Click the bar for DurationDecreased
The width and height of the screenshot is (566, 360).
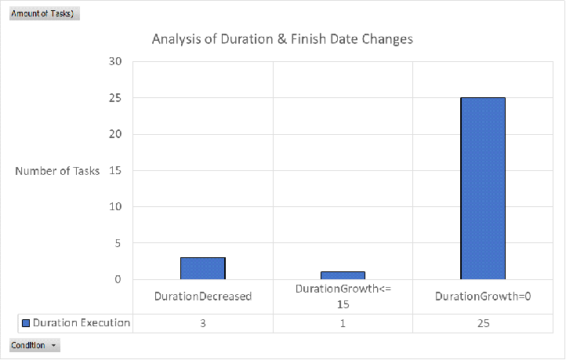pyautogui.click(x=203, y=268)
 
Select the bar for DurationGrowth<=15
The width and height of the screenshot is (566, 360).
pyautogui.click(x=343, y=275)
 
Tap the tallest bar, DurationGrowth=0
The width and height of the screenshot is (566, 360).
pyautogui.click(x=483, y=188)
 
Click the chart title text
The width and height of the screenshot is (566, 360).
pyautogui.click(x=282, y=39)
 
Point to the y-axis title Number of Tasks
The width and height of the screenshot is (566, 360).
pyautogui.click(x=57, y=171)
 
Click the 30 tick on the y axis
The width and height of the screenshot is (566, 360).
pyautogui.click(x=115, y=61)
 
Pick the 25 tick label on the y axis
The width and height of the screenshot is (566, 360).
pyautogui.click(x=115, y=98)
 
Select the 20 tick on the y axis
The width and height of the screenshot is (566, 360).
pyautogui.click(x=115, y=134)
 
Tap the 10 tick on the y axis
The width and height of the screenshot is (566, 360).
pyautogui.click(x=115, y=206)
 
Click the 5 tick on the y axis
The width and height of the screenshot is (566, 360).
pyautogui.click(x=118, y=243)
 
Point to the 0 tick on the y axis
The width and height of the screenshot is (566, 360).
pyautogui.click(x=118, y=279)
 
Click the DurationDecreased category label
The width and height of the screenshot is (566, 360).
pyautogui.click(x=203, y=296)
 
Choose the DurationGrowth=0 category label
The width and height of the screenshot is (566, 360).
pyautogui.click(x=483, y=296)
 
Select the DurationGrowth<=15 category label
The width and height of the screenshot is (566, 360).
pyautogui.click(x=343, y=296)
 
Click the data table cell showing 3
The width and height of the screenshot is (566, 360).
pyautogui.click(x=203, y=323)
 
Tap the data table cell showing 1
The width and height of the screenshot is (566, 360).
pyautogui.click(x=343, y=323)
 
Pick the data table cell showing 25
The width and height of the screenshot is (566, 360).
pyautogui.click(x=484, y=323)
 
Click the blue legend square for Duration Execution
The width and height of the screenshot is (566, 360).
pyautogui.click(x=26, y=323)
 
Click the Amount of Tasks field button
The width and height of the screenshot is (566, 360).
pyautogui.click(x=45, y=13)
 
